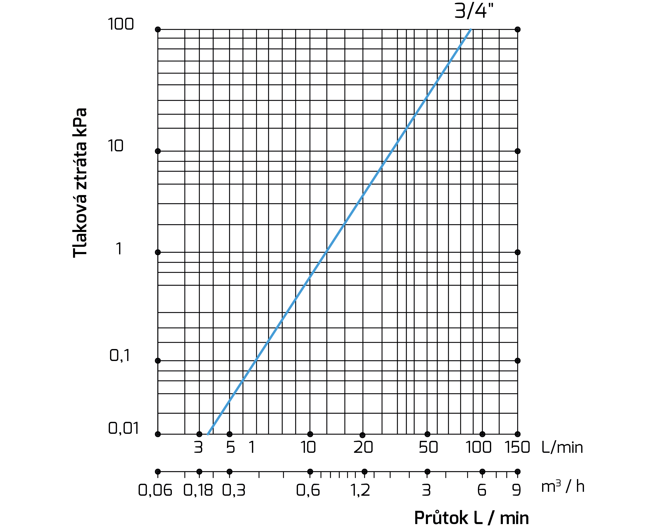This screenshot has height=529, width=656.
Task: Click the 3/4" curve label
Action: (473, 11)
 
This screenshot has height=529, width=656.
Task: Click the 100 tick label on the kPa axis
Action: (121, 24)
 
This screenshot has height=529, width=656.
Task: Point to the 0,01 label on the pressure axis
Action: (124, 428)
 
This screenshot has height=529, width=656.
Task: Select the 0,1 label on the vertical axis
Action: (120, 355)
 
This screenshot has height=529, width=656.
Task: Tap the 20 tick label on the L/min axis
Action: (363, 447)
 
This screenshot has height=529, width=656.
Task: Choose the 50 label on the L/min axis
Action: (428, 447)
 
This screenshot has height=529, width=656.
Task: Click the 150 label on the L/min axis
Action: (517, 447)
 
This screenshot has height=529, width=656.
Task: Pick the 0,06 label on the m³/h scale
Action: (155, 490)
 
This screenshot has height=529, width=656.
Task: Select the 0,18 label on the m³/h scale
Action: (198, 490)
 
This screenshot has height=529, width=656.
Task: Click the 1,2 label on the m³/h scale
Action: (360, 490)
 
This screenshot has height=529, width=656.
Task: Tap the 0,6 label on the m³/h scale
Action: (308, 490)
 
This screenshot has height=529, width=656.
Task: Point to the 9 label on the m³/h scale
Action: (516, 490)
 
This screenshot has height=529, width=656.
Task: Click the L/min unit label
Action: (562, 447)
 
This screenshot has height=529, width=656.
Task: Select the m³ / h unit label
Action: (563, 487)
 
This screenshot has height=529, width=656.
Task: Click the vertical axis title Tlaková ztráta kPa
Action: (80, 183)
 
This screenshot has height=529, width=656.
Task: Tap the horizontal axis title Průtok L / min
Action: (471, 518)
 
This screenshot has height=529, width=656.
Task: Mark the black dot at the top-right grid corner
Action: (518, 30)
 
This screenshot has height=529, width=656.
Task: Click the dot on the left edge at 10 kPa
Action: (158, 151)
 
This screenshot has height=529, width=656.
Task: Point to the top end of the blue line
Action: (471, 30)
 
